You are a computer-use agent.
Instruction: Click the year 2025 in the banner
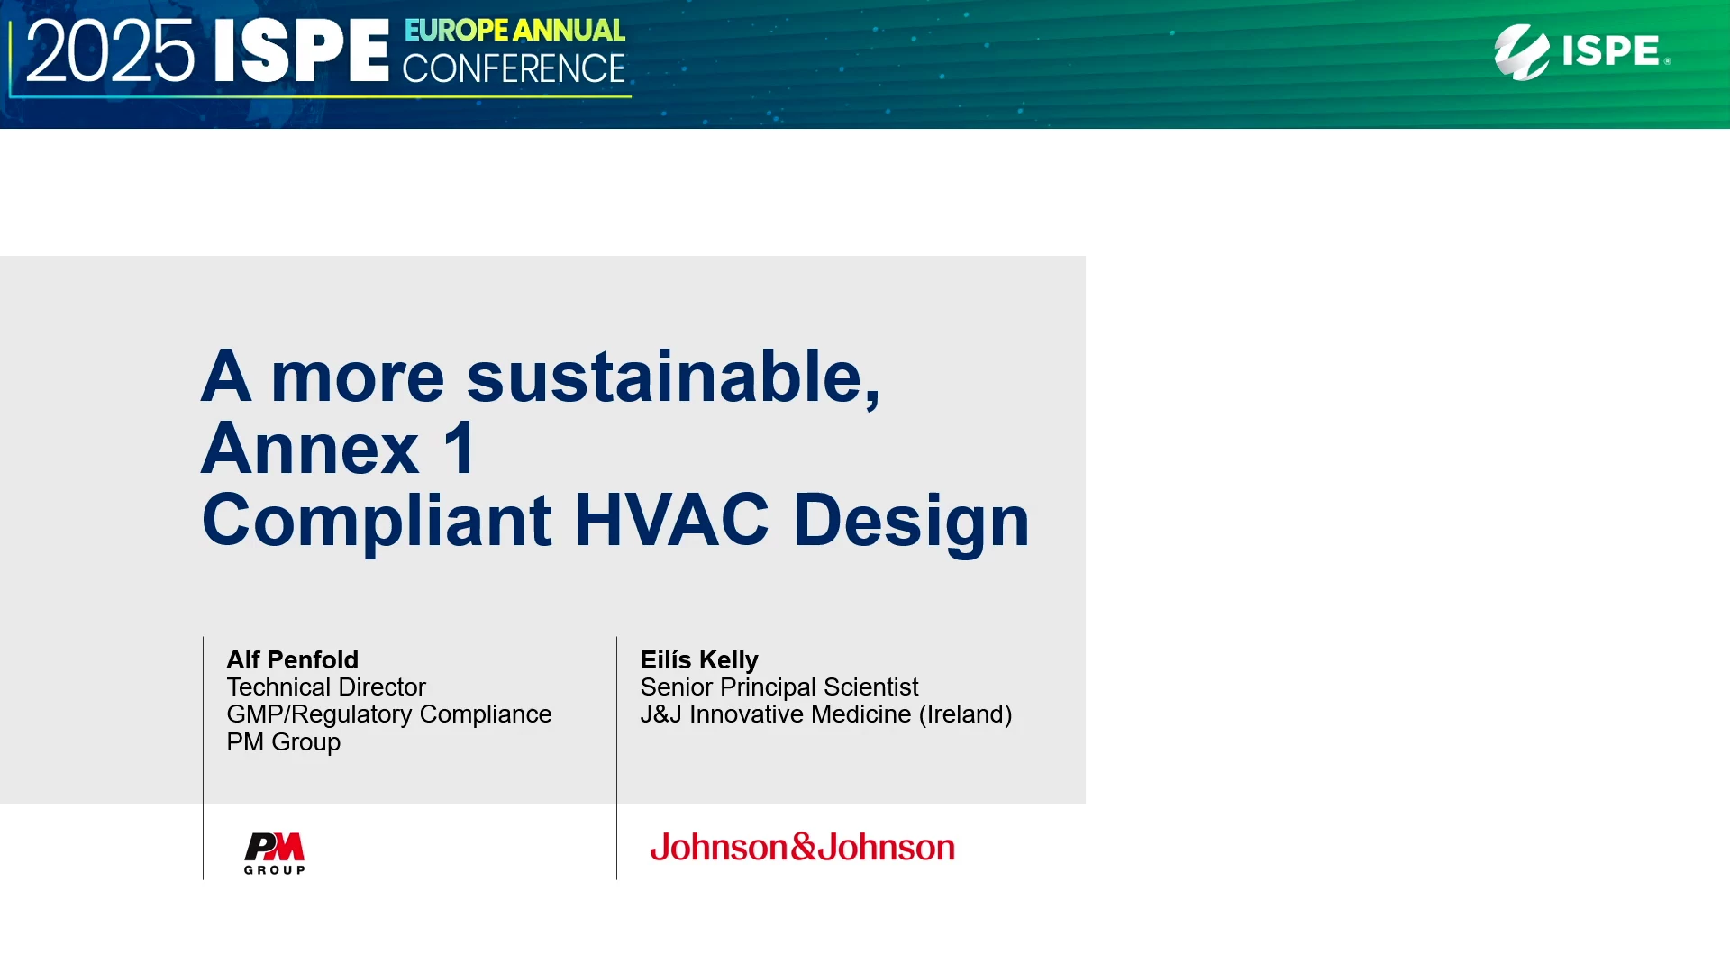tap(110, 51)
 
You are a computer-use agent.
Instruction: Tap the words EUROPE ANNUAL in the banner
tap(514, 31)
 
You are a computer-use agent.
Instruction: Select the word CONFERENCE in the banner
tap(514, 68)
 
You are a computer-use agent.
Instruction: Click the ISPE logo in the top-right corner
tap(1582, 51)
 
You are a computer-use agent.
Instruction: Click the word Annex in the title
tap(310, 448)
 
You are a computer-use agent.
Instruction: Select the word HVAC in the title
tap(671, 520)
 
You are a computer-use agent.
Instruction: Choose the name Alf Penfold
tap(293, 659)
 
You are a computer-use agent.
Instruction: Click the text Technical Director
tap(326, 687)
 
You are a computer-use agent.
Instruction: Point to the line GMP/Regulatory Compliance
tap(389, 714)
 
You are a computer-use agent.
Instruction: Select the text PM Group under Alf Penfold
tap(284, 742)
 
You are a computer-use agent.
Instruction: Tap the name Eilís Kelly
tap(699, 660)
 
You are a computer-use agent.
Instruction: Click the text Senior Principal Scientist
tap(779, 687)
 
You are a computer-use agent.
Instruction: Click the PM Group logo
tap(275, 853)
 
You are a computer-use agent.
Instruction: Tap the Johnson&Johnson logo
tap(803, 847)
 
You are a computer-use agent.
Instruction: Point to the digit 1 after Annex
tap(460, 448)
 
